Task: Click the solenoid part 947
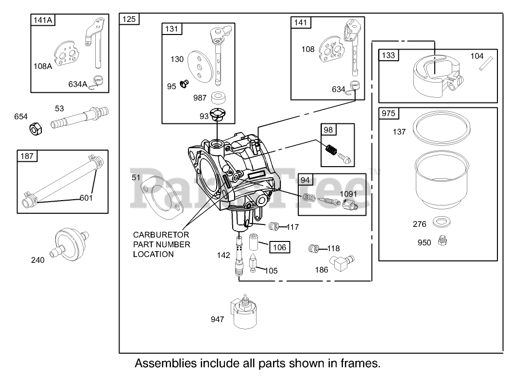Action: coord(244,314)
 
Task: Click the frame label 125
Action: coord(130,19)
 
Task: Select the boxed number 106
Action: coord(279,247)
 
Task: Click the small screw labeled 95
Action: coord(184,84)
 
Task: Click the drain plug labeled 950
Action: coord(442,240)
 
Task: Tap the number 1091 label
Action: coord(348,194)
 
